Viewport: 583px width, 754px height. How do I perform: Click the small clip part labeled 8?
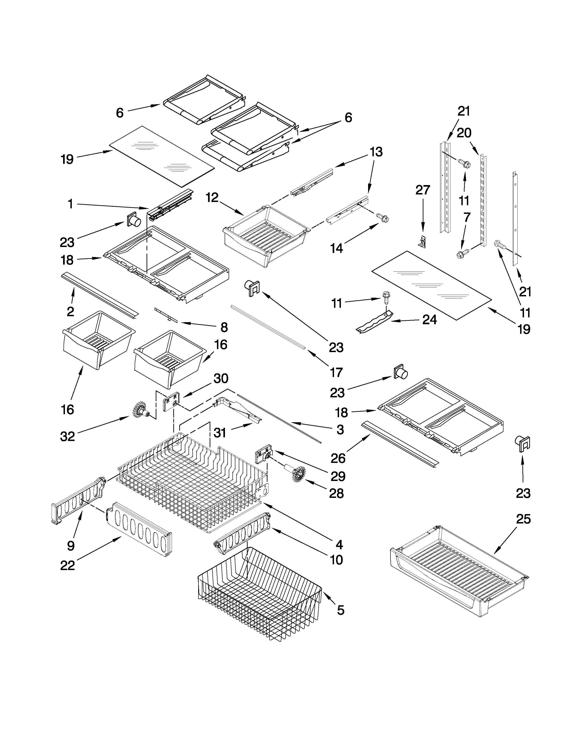(166, 314)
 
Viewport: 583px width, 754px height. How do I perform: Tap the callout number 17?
(336, 372)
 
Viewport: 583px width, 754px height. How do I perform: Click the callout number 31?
(220, 433)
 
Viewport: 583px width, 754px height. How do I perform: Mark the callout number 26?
(338, 458)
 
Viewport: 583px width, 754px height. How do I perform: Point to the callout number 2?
(70, 311)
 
